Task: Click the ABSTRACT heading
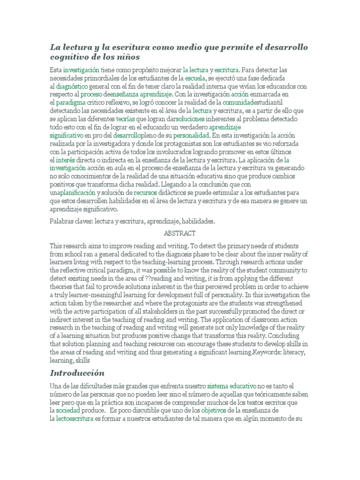click(180, 233)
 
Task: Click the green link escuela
click(195, 78)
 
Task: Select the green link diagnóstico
click(70, 86)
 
